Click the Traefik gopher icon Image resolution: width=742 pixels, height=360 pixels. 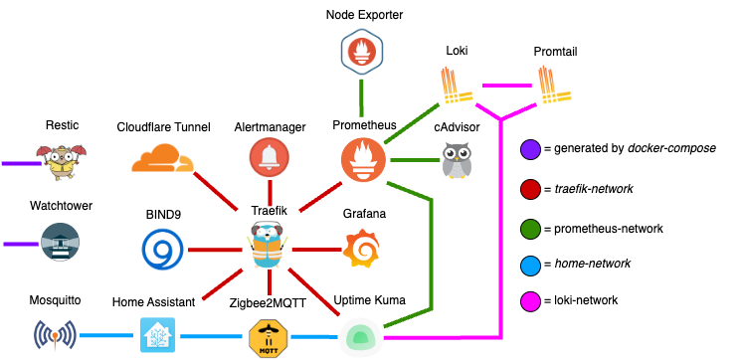point(268,245)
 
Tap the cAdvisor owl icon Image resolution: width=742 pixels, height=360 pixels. point(457,160)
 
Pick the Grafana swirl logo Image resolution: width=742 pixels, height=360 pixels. point(361,248)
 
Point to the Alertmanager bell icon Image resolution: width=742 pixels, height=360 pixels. point(270,157)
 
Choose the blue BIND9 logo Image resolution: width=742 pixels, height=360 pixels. point(163,249)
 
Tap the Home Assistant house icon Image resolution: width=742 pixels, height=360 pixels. point(157,335)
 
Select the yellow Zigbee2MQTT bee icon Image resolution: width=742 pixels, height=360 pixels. point(269,338)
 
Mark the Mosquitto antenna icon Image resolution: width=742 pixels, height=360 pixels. point(55,335)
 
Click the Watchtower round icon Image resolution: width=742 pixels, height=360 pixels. point(60,243)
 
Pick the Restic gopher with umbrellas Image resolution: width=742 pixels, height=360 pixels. point(62,162)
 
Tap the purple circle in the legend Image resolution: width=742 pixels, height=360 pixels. point(530,149)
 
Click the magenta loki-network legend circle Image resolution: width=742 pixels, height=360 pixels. point(530,301)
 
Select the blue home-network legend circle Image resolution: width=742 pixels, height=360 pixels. point(530,264)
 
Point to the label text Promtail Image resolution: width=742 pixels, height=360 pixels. point(555,52)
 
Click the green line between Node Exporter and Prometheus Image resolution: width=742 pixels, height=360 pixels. point(361,97)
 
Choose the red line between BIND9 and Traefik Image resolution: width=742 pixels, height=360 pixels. point(215,250)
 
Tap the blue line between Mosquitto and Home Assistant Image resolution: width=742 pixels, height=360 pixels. point(106,335)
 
